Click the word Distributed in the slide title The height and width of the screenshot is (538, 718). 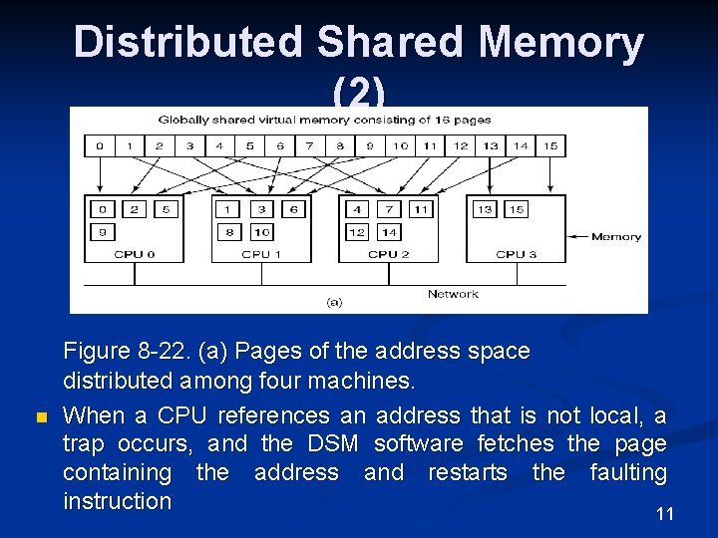(x=189, y=43)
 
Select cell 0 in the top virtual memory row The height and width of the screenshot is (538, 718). (x=99, y=146)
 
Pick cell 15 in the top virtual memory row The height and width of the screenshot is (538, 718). (x=550, y=146)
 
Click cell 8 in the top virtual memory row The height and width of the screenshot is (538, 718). (x=340, y=146)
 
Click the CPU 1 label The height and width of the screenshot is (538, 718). (x=261, y=254)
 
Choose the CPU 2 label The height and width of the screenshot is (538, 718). (x=389, y=254)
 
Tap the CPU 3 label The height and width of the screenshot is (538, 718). (x=516, y=254)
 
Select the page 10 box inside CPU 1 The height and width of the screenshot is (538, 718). (x=262, y=232)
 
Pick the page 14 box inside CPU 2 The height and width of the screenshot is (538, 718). (x=390, y=232)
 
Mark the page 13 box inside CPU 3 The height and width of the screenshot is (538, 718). (x=485, y=209)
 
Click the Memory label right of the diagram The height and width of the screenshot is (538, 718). (x=616, y=237)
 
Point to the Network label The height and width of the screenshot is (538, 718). (x=453, y=294)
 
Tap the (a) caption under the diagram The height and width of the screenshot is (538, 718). (x=335, y=301)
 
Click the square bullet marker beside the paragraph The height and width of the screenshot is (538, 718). (x=41, y=416)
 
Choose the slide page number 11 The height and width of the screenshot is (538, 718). (x=665, y=514)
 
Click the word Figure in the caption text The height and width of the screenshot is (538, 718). (x=97, y=351)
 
